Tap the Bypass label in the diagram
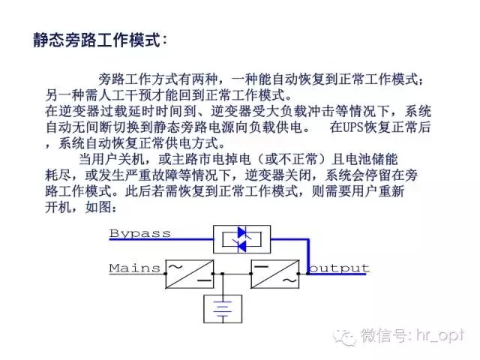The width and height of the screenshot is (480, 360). (x=140, y=233)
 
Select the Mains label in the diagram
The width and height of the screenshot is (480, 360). (x=135, y=268)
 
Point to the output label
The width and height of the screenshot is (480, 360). (x=339, y=268)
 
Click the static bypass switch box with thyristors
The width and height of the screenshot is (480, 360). (x=241, y=239)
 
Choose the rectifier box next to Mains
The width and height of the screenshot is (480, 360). (x=190, y=274)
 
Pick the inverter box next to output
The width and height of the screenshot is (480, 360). (x=275, y=274)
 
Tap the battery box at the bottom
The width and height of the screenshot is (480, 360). (x=223, y=309)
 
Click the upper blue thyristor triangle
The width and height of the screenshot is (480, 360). (x=242, y=232)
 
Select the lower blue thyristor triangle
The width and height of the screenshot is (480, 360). (x=242, y=247)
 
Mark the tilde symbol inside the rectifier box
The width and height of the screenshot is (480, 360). (x=175, y=267)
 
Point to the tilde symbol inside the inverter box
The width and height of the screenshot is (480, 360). (x=289, y=281)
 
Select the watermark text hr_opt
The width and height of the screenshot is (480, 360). (x=440, y=336)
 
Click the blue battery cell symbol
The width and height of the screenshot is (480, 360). (x=223, y=309)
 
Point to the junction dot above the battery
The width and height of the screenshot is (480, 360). (x=223, y=274)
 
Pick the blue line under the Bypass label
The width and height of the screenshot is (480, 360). (x=161, y=239)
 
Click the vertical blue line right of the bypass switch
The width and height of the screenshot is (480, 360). (x=308, y=256)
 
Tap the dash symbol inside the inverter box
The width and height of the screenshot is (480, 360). (x=261, y=267)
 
